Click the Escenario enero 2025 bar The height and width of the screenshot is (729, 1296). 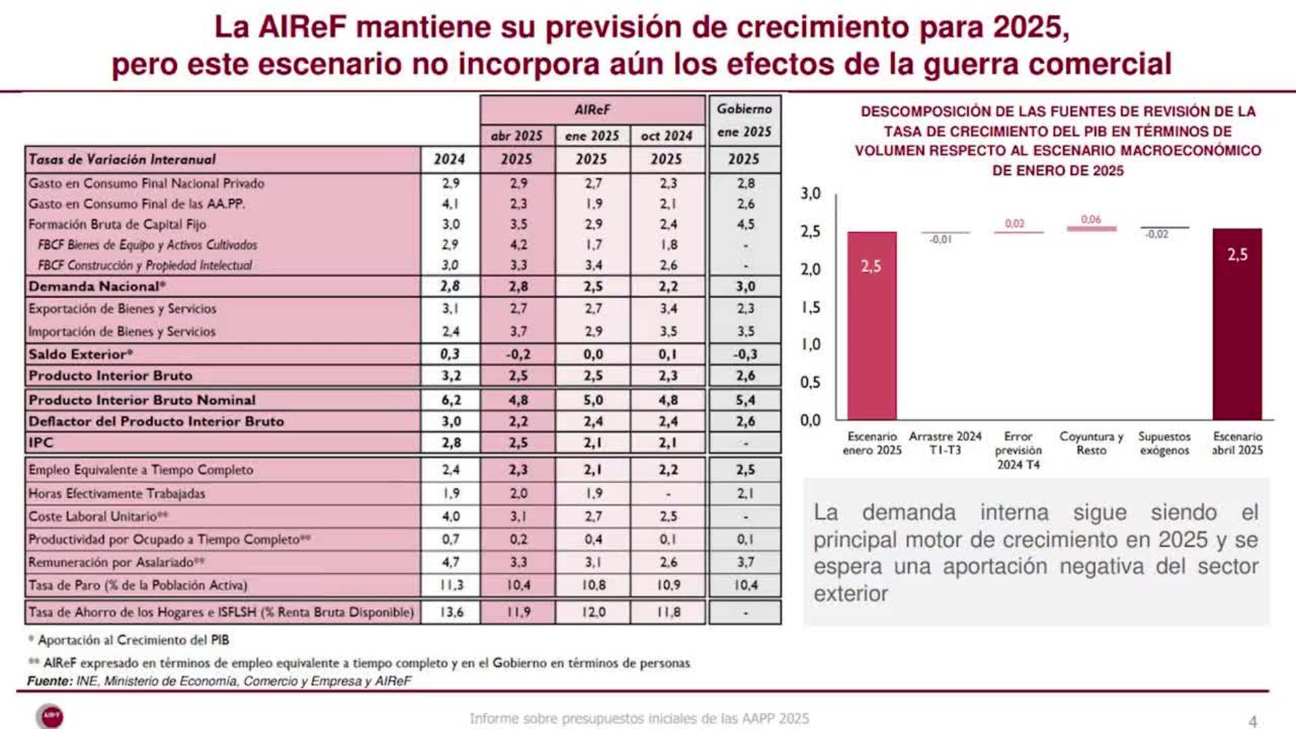pos(871,325)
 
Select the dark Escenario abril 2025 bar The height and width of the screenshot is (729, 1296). pos(1237,324)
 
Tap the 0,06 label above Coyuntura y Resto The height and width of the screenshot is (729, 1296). pos(1091,219)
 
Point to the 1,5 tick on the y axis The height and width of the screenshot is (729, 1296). pos(811,308)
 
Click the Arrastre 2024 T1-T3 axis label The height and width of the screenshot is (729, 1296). pos(945,443)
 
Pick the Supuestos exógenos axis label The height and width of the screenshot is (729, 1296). pos(1164,443)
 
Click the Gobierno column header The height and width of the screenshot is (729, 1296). pos(744,109)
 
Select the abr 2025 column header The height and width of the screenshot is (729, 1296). pos(516,136)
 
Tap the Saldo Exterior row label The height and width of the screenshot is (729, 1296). pos(80,354)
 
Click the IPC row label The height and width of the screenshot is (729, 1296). pos(40,443)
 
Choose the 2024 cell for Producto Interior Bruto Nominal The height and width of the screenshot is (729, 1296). pos(451,400)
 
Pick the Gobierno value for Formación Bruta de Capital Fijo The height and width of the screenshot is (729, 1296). pos(745,224)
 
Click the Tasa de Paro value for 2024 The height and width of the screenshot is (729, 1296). pos(451,585)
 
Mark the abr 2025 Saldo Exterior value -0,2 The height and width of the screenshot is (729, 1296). pos(518,354)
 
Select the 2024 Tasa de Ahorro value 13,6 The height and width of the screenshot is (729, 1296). pos(451,612)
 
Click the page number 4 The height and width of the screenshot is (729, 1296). pos(1252,721)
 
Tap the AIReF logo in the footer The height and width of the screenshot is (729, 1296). pos(51,715)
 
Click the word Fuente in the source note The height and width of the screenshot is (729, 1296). pos(49,681)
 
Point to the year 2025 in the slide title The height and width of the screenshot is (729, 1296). pos(1029,28)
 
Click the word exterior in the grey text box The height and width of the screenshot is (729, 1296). pos(850,594)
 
